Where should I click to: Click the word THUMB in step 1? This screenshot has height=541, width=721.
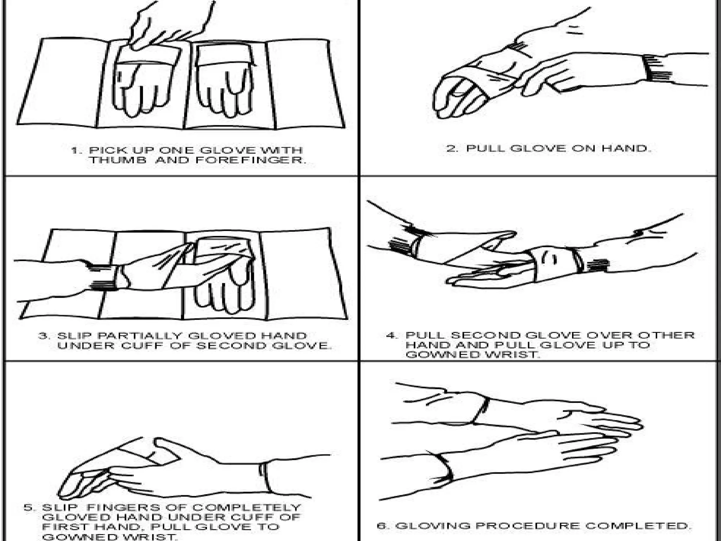[x=117, y=160]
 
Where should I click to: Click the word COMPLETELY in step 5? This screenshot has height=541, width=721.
[x=247, y=508]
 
